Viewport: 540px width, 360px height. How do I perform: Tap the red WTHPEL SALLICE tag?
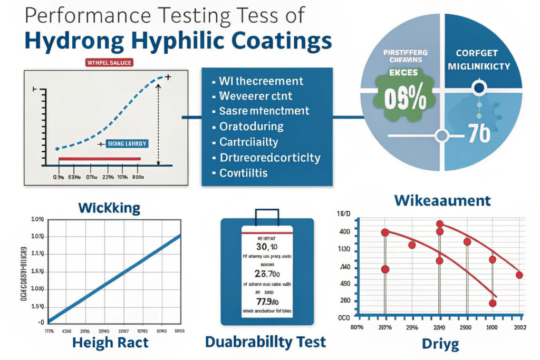tap(109, 63)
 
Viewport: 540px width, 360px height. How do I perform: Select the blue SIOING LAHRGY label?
tap(128, 143)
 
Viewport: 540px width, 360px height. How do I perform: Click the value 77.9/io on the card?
tap(266, 301)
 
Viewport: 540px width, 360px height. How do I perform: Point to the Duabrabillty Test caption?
tap(265, 342)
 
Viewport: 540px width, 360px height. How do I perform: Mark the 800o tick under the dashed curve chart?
tap(138, 177)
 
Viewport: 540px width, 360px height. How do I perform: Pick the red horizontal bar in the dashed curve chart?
tap(100, 159)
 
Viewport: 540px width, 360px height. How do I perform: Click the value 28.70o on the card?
tap(267, 274)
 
